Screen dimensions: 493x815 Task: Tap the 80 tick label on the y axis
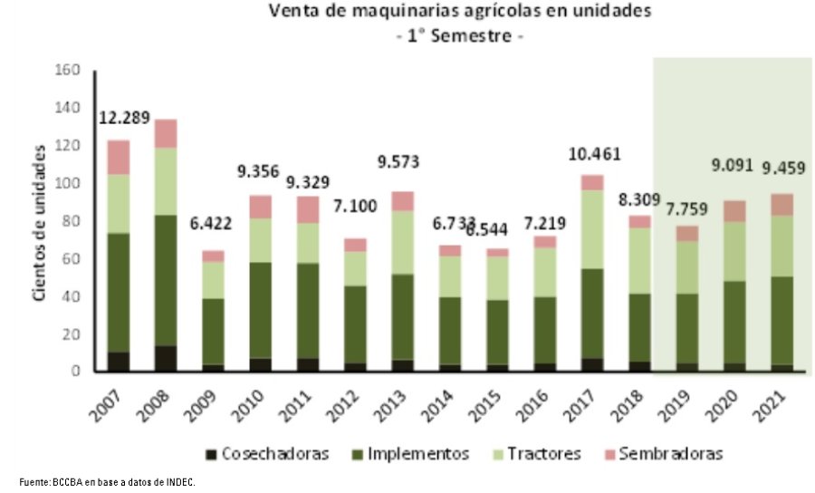coord(72,221)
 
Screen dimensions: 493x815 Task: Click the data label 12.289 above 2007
coord(125,118)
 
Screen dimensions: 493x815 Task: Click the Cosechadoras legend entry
coord(264,453)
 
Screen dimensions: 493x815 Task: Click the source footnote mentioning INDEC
coord(107,483)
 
